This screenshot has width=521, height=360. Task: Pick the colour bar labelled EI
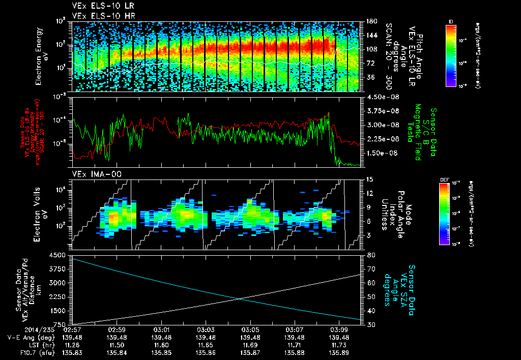point(450,55)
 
